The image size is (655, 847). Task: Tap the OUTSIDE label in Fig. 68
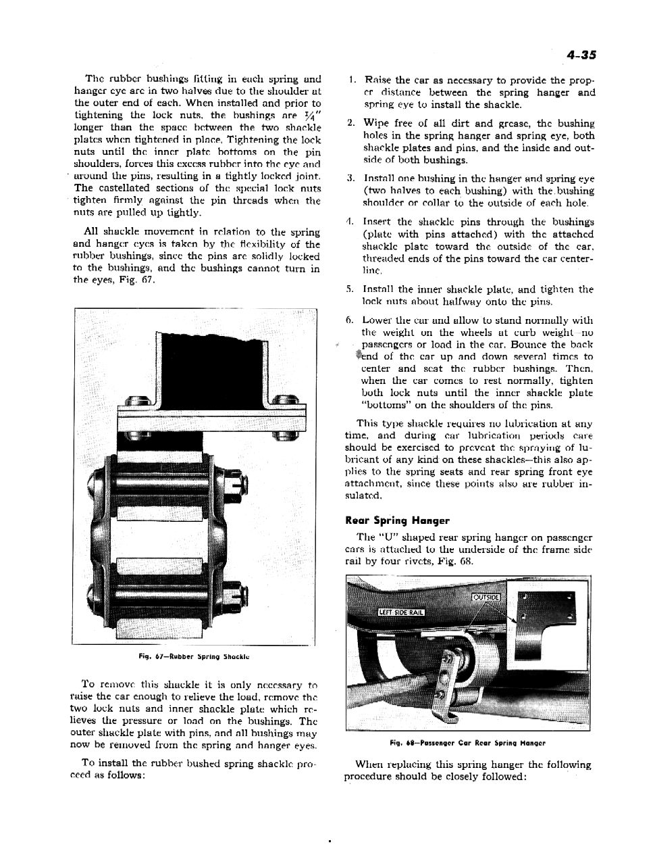486,598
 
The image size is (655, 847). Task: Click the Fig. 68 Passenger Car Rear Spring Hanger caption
467,743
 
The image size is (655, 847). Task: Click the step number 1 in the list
352,80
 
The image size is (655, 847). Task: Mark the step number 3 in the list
352,179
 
